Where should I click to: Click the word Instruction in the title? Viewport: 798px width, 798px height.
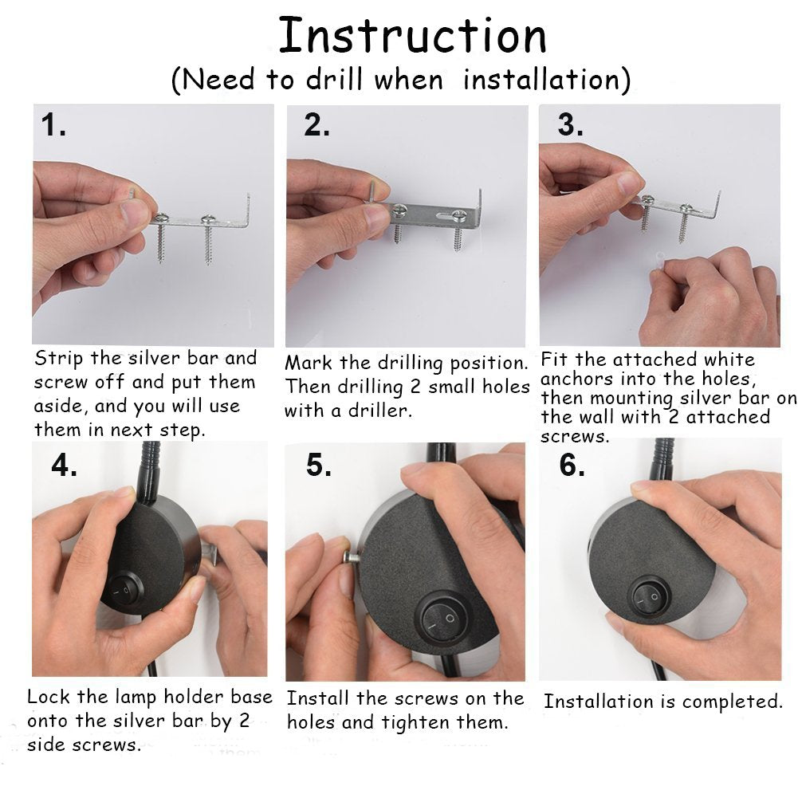tap(413, 35)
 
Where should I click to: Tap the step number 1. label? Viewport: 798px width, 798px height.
tap(53, 125)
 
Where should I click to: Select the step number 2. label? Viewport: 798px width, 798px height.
tap(316, 125)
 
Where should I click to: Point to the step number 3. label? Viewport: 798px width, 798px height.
tap(570, 125)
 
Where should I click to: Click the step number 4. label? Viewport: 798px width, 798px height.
tap(64, 465)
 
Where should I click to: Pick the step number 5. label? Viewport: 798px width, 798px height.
tap(319, 465)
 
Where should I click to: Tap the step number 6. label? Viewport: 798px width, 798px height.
tap(572, 465)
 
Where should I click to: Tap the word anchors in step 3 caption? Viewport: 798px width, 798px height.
tap(576, 379)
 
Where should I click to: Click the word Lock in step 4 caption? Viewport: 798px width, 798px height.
tap(48, 697)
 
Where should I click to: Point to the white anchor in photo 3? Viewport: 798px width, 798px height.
tap(659, 260)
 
